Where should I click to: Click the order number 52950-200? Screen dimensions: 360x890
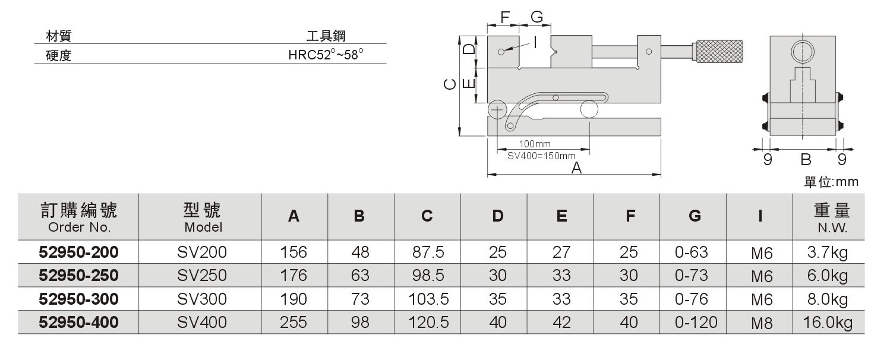78,252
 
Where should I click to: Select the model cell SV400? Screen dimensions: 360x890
201,322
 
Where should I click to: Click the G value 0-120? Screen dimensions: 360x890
696,323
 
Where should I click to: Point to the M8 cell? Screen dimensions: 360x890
761,324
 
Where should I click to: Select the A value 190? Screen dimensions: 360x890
293,299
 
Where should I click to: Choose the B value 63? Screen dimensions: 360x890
359,276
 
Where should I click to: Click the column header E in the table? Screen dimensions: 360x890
561,217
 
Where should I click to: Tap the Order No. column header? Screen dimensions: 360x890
78,217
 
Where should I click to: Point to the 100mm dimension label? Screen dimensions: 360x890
535,144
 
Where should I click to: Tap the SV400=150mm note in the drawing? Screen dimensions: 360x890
541,156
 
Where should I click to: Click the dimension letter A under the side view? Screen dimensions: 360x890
576,168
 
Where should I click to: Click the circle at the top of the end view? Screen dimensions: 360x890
802,52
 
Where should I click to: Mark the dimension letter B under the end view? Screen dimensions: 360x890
806,159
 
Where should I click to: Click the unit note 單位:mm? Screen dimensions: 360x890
831,182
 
